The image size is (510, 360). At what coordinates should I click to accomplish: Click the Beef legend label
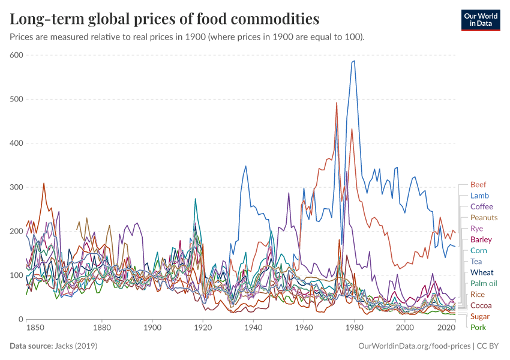pyautogui.click(x=478, y=185)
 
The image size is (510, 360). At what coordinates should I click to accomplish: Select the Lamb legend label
pyautogui.click(x=479, y=196)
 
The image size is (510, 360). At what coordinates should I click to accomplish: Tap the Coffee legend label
pyautogui.click(x=481, y=206)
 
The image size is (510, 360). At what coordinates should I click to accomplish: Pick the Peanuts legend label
pyautogui.click(x=484, y=218)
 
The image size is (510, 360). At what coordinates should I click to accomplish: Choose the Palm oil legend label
pyautogui.click(x=484, y=283)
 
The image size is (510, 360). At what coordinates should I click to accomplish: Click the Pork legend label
pyautogui.click(x=478, y=327)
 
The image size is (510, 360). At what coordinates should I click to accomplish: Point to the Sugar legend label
pyautogui.click(x=479, y=316)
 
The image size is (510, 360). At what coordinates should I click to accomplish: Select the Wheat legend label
pyautogui.click(x=482, y=272)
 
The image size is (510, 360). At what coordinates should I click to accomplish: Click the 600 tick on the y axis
pyautogui.click(x=16, y=55)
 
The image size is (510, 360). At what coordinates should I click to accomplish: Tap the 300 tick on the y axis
pyautogui.click(x=16, y=187)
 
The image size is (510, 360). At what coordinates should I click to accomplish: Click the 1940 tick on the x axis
pyautogui.click(x=253, y=329)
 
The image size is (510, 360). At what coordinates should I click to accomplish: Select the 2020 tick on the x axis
pyautogui.click(x=446, y=329)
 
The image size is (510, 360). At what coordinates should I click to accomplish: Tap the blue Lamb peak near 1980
pyautogui.click(x=354, y=61)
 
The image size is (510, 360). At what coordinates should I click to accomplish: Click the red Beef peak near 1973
pyautogui.click(x=337, y=103)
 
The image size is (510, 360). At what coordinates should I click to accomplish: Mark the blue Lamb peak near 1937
pyautogui.click(x=245, y=166)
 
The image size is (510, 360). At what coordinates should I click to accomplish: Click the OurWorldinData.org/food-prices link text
pyautogui.click(x=413, y=346)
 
